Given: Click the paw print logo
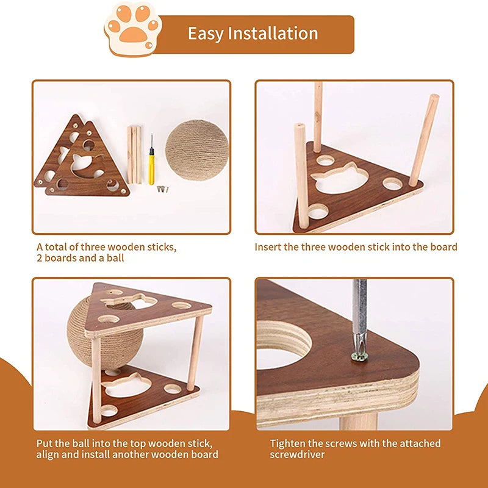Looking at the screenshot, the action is [x=133, y=29].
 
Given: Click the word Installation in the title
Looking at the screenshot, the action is [x=273, y=34].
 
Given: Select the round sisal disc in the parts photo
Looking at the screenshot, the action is [x=196, y=150].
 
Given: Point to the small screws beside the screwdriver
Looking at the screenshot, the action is [x=162, y=188].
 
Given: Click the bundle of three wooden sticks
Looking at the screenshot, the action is [x=134, y=154].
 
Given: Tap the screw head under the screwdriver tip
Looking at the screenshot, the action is [x=359, y=356].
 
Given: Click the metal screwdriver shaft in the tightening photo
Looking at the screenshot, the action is [x=359, y=314].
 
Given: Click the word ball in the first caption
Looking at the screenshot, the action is [x=115, y=258].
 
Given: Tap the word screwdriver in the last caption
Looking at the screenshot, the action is [x=297, y=454].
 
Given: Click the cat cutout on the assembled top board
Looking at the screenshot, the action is [x=129, y=301].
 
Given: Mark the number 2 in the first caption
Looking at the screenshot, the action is [x=40, y=258].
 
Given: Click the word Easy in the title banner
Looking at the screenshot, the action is [x=206, y=34].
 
